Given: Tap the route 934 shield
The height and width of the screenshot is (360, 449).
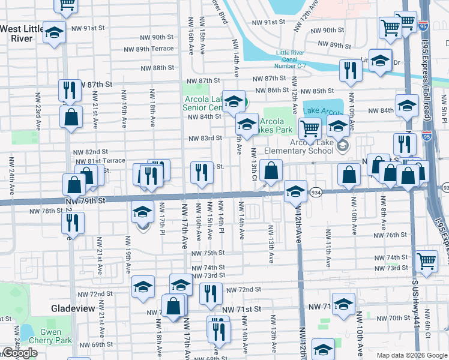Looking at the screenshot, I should (x=316, y=192).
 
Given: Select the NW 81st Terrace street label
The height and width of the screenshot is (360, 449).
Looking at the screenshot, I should (x=98, y=161).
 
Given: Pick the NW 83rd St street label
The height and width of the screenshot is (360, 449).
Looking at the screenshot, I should (x=205, y=139).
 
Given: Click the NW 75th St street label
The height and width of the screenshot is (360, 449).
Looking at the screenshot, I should (x=208, y=253).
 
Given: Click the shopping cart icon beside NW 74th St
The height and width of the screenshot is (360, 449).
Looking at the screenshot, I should (x=426, y=261).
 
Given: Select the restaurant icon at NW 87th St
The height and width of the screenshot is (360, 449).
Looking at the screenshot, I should (x=70, y=90).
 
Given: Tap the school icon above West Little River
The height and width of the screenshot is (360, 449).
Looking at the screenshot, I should (x=54, y=32).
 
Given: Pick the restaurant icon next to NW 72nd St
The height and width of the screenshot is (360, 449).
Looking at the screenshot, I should (x=211, y=293).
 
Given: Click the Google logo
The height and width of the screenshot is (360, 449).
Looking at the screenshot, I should (x=20, y=353).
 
